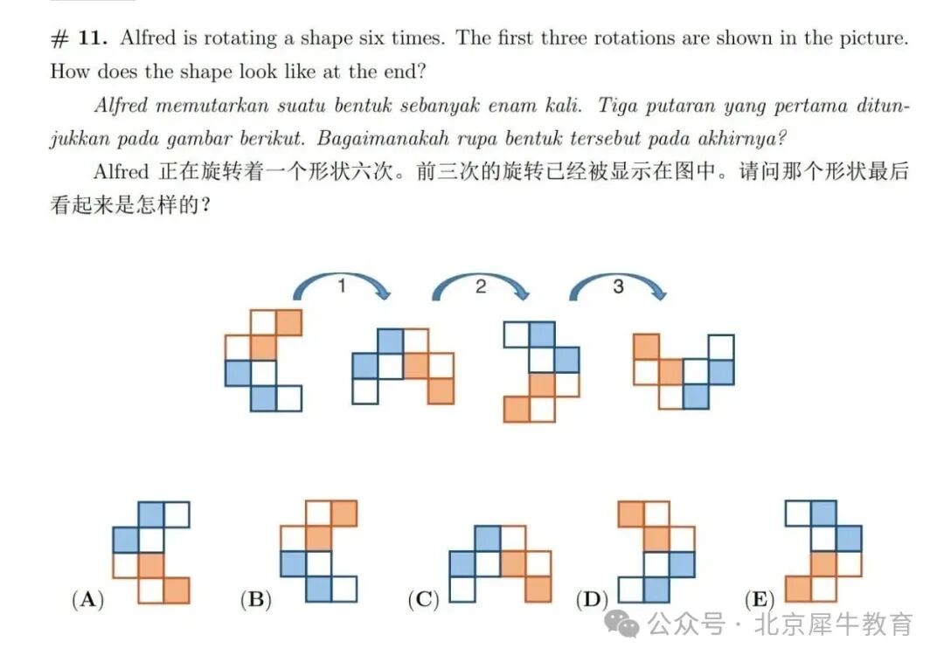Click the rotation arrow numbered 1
[341, 285]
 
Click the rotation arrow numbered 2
[480, 285]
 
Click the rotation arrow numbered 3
[618, 285]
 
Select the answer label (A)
[87, 600]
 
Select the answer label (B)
[256, 600]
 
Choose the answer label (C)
[424, 600]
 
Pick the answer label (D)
[593, 600]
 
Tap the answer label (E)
[760, 600]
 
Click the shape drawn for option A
[151, 553]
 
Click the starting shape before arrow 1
[263, 360]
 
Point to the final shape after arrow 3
[684, 371]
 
